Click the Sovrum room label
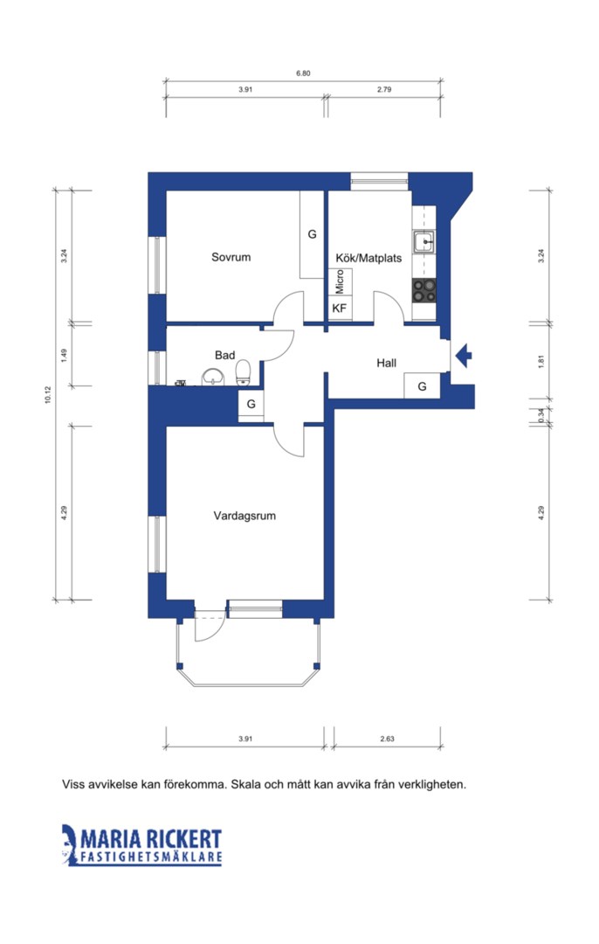(231, 257)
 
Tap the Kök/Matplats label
(368, 258)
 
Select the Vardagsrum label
(244, 516)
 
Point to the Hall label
(387, 363)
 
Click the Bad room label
(225, 355)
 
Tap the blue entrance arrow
(464, 355)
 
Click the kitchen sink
(424, 242)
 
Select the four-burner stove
(424, 290)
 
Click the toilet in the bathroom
(243, 372)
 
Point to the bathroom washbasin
(212, 376)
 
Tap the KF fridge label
(340, 309)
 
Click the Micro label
(340, 281)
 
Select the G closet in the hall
(423, 386)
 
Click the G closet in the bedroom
(312, 234)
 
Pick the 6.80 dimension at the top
(303, 73)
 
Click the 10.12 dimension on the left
(48, 395)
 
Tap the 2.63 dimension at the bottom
(388, 739)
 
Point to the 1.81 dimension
(541, 362)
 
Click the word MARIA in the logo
(111, 838)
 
